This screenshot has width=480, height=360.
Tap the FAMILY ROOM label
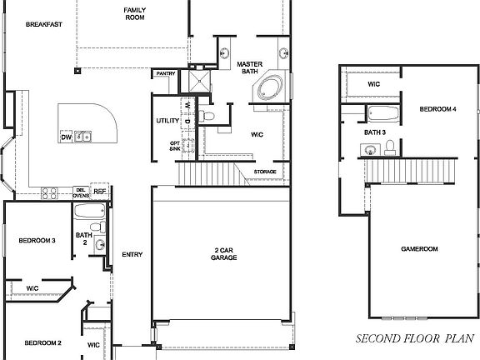(135, 14)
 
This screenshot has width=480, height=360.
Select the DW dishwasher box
(67, 137)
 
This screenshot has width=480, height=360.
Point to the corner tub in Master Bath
(271, 88)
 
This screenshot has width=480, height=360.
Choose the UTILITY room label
(167, 122)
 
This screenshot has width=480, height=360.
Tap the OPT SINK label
(175, 146)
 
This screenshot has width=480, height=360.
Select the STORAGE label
(266, 172)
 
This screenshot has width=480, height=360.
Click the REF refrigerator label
(100, 192)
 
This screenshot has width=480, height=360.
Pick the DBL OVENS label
(81, 192)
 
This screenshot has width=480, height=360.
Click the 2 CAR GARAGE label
(224, 254)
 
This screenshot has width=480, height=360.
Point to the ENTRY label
(132, 255)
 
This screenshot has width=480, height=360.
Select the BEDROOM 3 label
(37, 241)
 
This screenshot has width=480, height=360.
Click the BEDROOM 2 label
(42, 342)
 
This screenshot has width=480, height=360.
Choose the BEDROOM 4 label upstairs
(437, 109)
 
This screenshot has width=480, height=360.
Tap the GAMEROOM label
(419, 248)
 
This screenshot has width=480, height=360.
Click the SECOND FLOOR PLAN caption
(415, 339)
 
